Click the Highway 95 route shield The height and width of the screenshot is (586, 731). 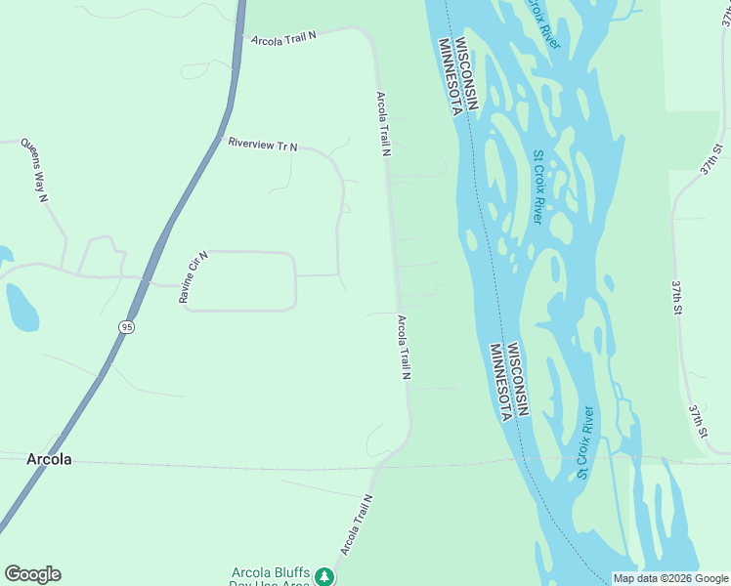(127, 326)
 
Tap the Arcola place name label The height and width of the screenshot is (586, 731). (48, 459)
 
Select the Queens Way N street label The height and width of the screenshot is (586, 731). (34, 172)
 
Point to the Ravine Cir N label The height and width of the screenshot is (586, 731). (193, 276)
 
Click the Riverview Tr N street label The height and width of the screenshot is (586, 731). (262, 145)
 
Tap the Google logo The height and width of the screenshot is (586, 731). (32, 574)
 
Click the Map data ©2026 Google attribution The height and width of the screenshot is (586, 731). (669, 578)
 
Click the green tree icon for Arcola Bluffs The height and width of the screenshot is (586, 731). (324, 578)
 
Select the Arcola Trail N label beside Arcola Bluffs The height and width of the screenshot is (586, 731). (356, 524)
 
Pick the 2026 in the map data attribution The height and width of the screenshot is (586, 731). (669, 578)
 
